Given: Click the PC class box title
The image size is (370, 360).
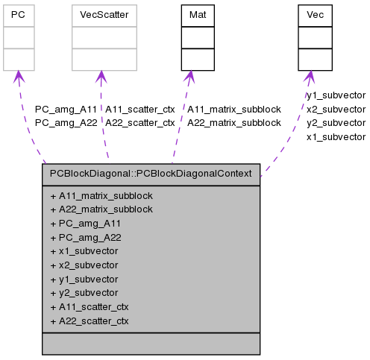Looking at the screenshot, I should (x=19, y=15).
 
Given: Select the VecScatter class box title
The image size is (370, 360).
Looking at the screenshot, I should (x=104, y=15).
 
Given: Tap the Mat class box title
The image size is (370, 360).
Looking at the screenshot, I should (x=198, y=15).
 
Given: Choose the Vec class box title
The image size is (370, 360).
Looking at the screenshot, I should (x=314, y=15).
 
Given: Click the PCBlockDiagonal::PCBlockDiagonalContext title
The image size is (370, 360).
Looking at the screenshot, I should (x=151, y=174).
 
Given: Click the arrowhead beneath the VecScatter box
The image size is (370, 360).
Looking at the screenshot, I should (x=103, y=78).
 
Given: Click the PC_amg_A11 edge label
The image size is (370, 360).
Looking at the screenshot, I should (x=66, y=109).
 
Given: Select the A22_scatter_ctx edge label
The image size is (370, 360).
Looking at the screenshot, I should (x=139, y=122).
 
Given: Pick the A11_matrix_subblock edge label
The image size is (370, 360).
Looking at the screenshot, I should (x=233, y=109).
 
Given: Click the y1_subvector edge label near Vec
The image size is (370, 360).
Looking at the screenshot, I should (x=336, y=95).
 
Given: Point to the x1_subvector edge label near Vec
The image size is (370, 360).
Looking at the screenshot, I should (x=336, y=136).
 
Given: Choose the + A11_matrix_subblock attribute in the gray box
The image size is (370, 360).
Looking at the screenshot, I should (x=101, y=195).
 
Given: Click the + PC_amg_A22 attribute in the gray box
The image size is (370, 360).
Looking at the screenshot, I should (x=85, y=237).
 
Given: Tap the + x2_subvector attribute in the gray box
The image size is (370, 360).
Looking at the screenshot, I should (x=84, y=265).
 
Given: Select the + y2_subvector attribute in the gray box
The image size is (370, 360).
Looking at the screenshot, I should (x=84, y=293).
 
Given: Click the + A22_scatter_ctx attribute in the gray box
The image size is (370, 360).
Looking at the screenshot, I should (x=89, y=320).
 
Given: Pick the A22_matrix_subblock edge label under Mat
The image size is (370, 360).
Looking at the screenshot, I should (x=233, y=122).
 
